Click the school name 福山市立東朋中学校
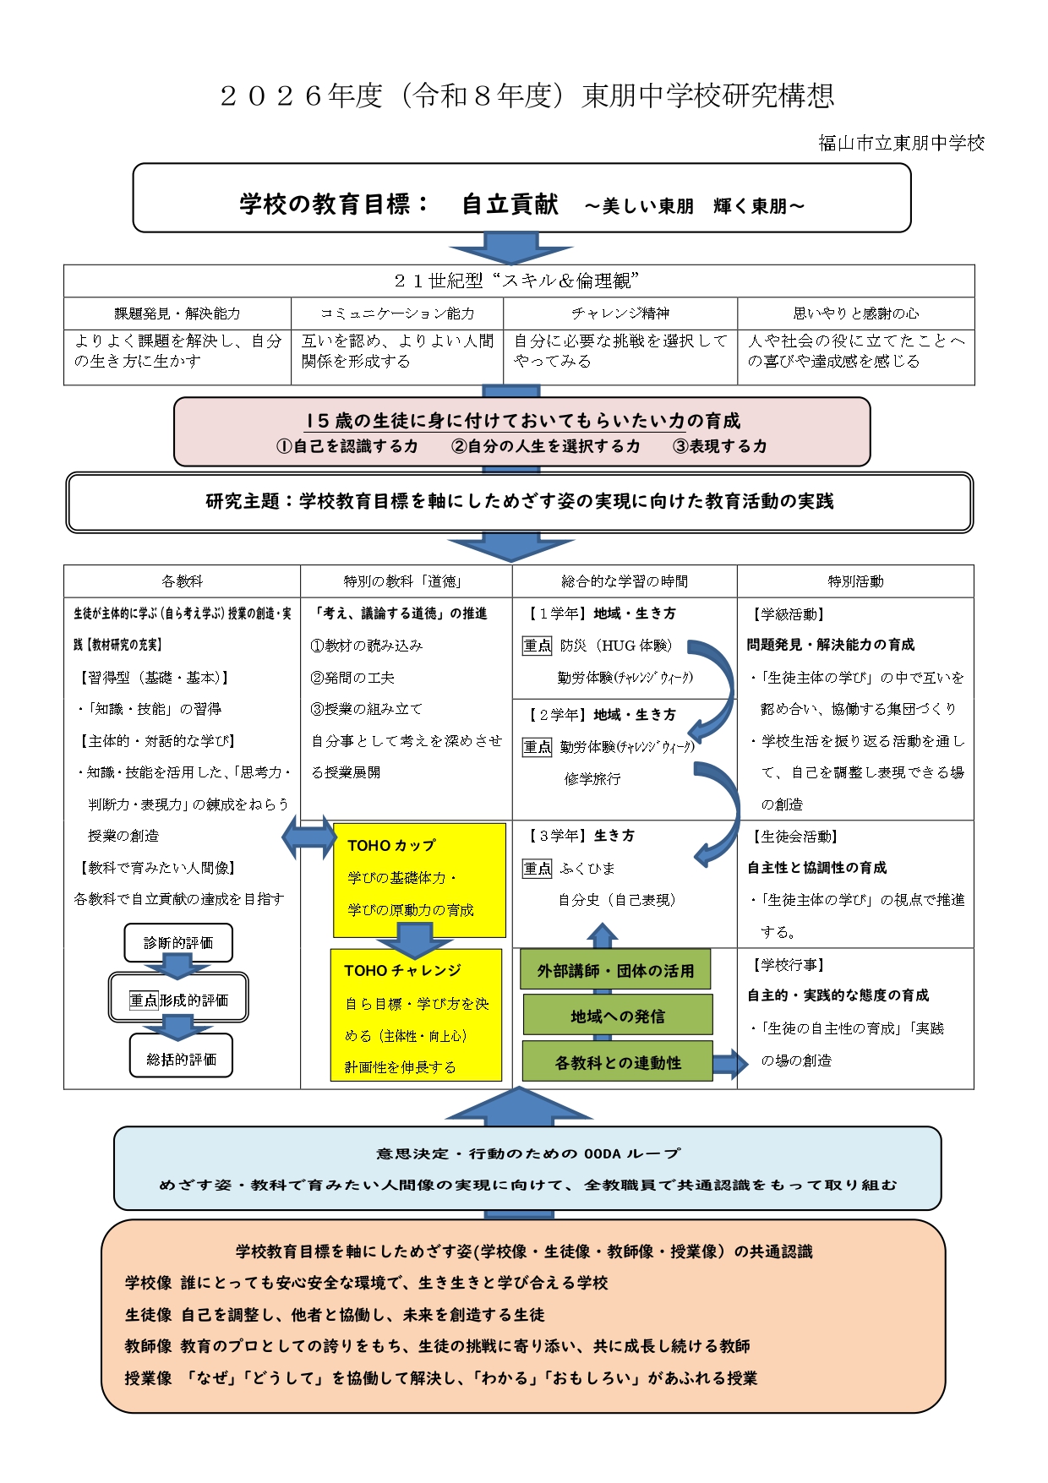click(x=901, y=143)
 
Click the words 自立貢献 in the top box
click(x=510, y=204)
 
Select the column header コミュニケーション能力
click(x=397, y=314)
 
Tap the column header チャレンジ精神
click(x=620, y=314)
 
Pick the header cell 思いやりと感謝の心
click(x=855, y=314)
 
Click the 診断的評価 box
click(x=178, y=943)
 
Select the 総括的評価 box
click(x=181, y=1059)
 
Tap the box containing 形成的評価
click(x=178, y=1000)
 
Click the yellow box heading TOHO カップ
click(x=391, y=845)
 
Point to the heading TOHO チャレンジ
click(x=402, y=971)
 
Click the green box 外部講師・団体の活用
click(x=615, y=971)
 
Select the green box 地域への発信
click(x=617, y=1017)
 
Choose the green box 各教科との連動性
click(x=617, y=1063)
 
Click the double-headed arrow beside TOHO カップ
click(x=308, y=837)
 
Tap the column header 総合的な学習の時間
click(x=625, y=581)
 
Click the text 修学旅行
click(x=592, y=779)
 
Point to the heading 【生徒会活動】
click(x=794, y=837)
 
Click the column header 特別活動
click(x=855, y=581)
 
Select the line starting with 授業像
click(x=440, y=1378)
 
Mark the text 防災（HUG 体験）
click(x=616, y=646)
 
